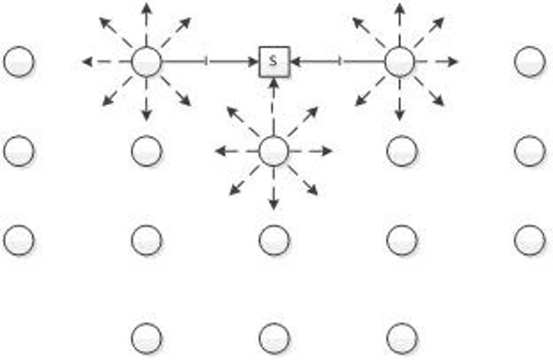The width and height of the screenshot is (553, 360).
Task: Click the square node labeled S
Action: pyautogui.click(x=274, y=61)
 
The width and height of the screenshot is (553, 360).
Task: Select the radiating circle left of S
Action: pyautogui.click(x=146, y=61)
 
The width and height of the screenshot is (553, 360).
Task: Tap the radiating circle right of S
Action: pyautogui.click(x=400, y=61)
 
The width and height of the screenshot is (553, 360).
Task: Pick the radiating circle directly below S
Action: pyautogui.click(x=274, y=151)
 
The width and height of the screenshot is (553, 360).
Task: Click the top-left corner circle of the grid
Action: pyautogui.click(x=19, y=61)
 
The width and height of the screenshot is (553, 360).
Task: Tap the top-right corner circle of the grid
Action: pyautogui.click(x=529, y=61)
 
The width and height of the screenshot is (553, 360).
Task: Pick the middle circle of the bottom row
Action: pyautogui.click(x=274, y=339)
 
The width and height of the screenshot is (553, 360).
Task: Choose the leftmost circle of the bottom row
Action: pyautogui.click(x=146, y=339)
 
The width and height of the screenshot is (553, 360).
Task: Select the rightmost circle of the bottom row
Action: pyautogui.click(x=402, y=339)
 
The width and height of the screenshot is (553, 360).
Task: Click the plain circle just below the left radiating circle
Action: pyautogui.click(x=146, y=151)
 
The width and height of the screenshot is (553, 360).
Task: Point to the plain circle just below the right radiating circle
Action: pyautogui.click(x=402, y=151)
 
